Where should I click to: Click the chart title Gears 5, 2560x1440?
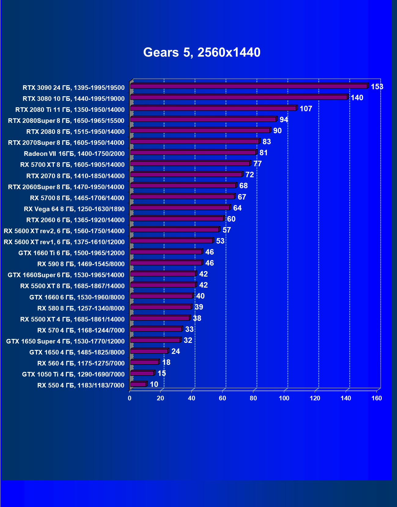(202, 52)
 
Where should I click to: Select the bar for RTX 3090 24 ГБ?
(249, 86)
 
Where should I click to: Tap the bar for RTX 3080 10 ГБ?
(239, 97)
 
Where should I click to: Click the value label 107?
(306, 109)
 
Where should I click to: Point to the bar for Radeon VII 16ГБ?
(193, 152)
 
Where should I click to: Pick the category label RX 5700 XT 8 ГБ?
(72, 165)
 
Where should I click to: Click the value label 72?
(250, 175)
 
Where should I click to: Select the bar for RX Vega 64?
(180, 208)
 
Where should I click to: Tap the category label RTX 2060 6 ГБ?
(75, 220)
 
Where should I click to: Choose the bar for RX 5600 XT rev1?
(171, 241)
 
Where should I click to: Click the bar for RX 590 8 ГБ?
(166, 263)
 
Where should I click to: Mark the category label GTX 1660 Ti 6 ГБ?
(72, 253)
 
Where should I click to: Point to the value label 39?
(199, 307)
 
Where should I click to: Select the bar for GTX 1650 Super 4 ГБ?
(155, 340)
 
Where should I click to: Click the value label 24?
(176, 351)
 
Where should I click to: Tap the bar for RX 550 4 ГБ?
(138, 384)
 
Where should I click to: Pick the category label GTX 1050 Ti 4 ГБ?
(73, 374)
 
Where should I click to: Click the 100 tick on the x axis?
(284, 398)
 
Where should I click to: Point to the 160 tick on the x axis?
(377, 398)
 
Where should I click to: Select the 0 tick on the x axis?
(130, 398)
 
